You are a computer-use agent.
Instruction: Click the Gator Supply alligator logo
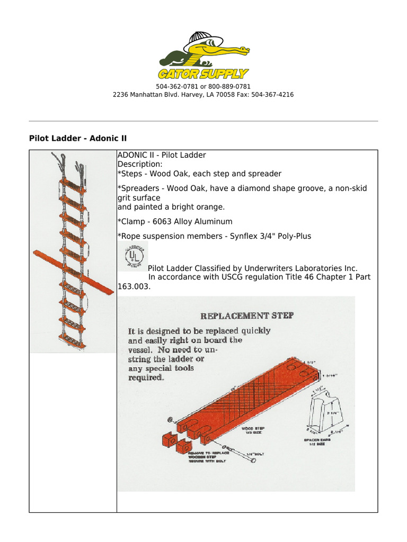pos(203,56)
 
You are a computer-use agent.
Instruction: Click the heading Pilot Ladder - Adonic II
pos(77,138)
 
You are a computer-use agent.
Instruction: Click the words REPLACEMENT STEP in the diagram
pos(246,316)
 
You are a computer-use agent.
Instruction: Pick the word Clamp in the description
pos(131,221)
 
